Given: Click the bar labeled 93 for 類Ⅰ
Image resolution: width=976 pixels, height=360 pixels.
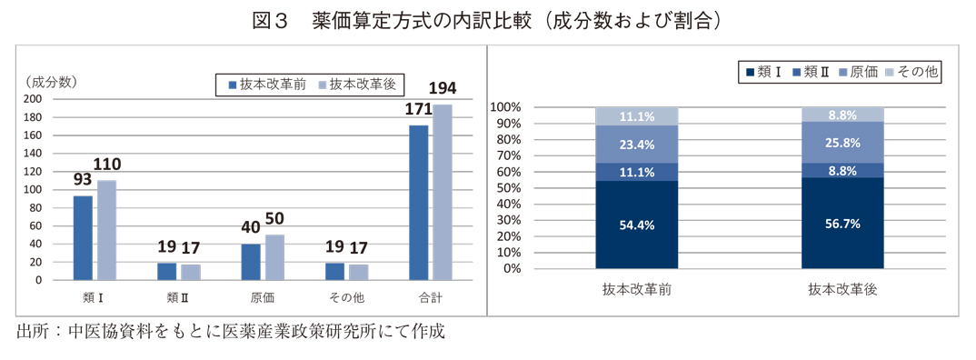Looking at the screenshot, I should [83, 237].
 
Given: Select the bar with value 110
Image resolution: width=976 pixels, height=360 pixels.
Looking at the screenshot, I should [106, 230].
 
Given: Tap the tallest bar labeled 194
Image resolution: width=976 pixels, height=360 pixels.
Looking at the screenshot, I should [443, 192].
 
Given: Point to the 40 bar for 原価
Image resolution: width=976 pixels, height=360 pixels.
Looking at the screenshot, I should [251, 262].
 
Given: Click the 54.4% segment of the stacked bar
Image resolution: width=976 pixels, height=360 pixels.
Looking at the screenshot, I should [636, 225].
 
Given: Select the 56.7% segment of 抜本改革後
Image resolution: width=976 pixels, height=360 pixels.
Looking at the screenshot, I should [842, 224].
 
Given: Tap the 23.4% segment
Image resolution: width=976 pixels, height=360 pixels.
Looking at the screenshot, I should [636, 144].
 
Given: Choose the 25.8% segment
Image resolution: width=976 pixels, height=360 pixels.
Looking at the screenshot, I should [842, 143].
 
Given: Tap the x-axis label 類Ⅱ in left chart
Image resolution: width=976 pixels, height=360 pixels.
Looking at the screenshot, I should [179, 296].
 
